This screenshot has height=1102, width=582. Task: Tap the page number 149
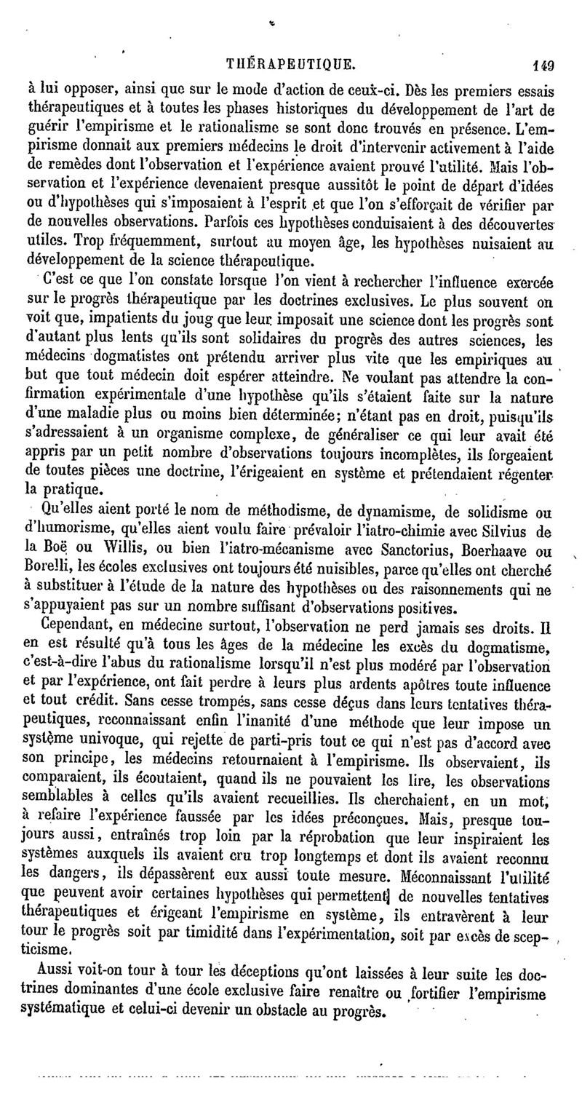[542, 65]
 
